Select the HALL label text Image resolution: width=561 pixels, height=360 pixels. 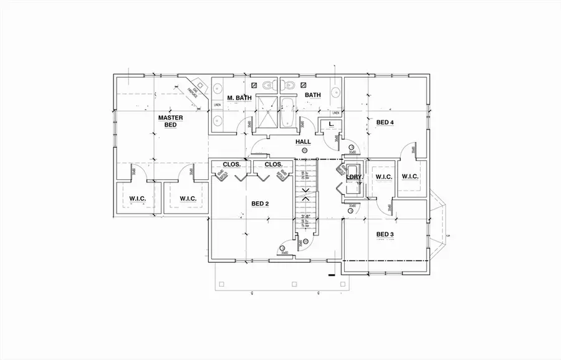[303, 142]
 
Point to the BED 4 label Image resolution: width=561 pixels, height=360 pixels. [385, 122]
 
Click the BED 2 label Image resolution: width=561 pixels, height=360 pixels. [260, 204]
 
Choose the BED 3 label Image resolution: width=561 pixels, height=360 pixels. [385, 234]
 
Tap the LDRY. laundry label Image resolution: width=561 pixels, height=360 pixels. [354, 177]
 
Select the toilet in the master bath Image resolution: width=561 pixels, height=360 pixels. [267, 85]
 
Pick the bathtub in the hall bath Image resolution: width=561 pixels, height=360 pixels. [290, 115]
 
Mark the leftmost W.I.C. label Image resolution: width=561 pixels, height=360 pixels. [137, 199]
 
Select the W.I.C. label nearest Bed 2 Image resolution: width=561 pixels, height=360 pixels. [188, 199]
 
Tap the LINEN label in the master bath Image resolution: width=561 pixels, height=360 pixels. [217, 105]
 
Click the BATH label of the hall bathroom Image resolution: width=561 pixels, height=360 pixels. [312, 95]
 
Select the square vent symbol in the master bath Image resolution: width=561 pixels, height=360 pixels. [254, 84]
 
